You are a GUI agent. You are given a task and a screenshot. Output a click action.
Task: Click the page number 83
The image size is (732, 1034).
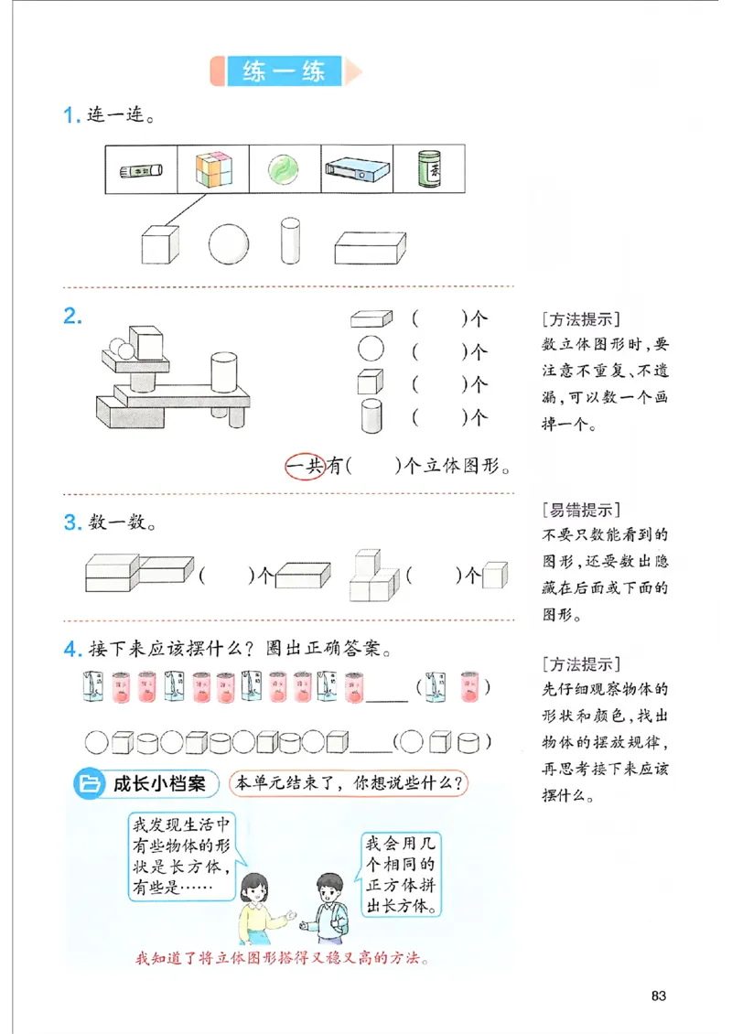(658, 995)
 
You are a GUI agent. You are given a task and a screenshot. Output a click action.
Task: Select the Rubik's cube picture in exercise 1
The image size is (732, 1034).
(213, 169)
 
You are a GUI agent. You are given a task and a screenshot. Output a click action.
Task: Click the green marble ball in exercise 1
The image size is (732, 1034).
(285, 169)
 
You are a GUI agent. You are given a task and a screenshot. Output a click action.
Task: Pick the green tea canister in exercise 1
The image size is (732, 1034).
(429, 169)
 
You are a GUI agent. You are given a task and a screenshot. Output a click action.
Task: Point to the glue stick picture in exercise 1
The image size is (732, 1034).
(141, 170)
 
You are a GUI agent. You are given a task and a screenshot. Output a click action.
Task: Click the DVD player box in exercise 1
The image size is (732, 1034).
(357, 170)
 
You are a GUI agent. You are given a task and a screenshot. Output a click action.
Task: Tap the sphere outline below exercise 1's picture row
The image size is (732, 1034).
(228, 243)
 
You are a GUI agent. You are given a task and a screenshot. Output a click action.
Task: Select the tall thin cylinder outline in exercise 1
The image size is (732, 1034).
(290, 241)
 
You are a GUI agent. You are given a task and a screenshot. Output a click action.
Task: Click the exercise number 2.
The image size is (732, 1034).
(72, 318)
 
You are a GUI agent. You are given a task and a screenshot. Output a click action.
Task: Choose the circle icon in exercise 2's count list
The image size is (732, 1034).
(370, 349)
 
